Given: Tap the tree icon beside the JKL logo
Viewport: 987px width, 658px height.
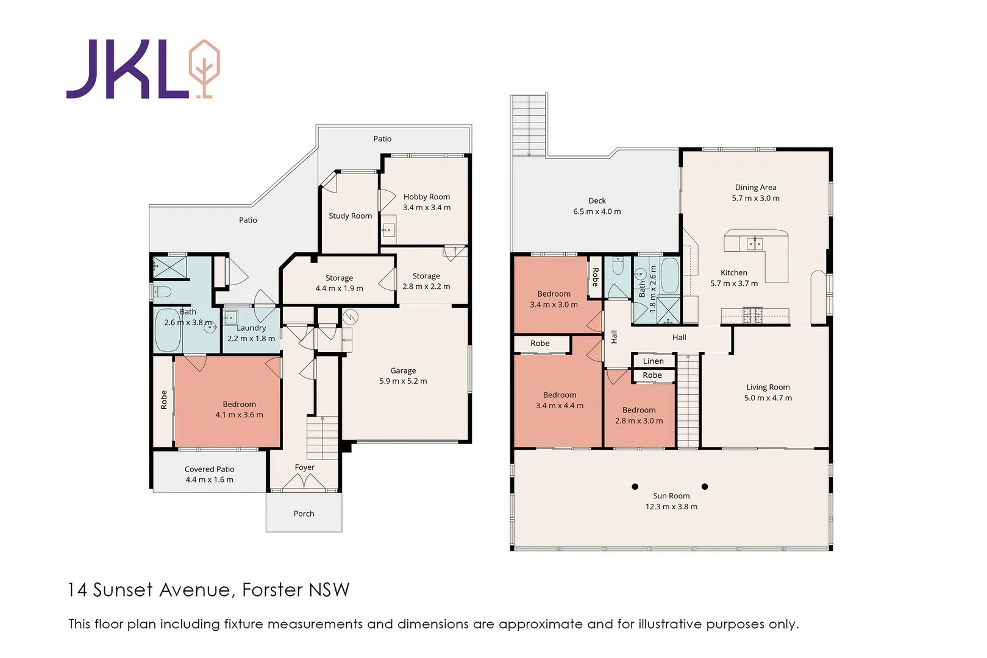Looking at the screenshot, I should pyautogui.click(x=204, y=68).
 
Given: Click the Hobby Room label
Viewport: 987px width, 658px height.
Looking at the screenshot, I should pyautogui.click(x=426, y=197).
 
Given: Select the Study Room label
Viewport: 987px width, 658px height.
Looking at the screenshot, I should pyautogui.click(x=350, y=216).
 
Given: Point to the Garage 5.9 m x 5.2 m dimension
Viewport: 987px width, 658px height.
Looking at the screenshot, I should pyautogui.click(x=403, y=381).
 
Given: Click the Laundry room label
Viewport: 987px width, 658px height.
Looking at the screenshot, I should pyautogui.click(x=251, y=328).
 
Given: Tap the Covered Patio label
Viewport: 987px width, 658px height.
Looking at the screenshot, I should pyautogui.click(x=209, y=469).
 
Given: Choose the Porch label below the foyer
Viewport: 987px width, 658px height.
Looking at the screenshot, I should pyautogui.click(x=304, y=514).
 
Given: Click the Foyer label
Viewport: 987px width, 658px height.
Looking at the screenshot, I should pyautogui.click(x=304, y=467).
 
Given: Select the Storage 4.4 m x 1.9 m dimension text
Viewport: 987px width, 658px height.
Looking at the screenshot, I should pyautogui.click(x=339, y=289).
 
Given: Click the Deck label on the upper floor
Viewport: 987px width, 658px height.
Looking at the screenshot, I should pyautogui.click(x=597, y=200).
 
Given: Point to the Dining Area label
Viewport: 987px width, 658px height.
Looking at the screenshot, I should pyautogui.click(x=755, y=188).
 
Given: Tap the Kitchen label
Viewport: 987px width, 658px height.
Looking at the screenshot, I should pyautogui.click(x=733, y=273).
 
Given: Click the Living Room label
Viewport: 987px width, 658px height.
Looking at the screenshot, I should pyautogui.click(x=768, y=387).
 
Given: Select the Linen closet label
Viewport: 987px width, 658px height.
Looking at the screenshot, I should pyautogui.click(x=653, y=361).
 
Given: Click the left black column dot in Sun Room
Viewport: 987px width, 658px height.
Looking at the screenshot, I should pyautogui.click(x=635, y=486).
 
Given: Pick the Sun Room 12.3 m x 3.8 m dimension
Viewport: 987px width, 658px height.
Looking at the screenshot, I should pyautogui.click(x=671, y=507).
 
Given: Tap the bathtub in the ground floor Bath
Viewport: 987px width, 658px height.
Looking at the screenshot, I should pyautogui.click(x=167, y=330).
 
